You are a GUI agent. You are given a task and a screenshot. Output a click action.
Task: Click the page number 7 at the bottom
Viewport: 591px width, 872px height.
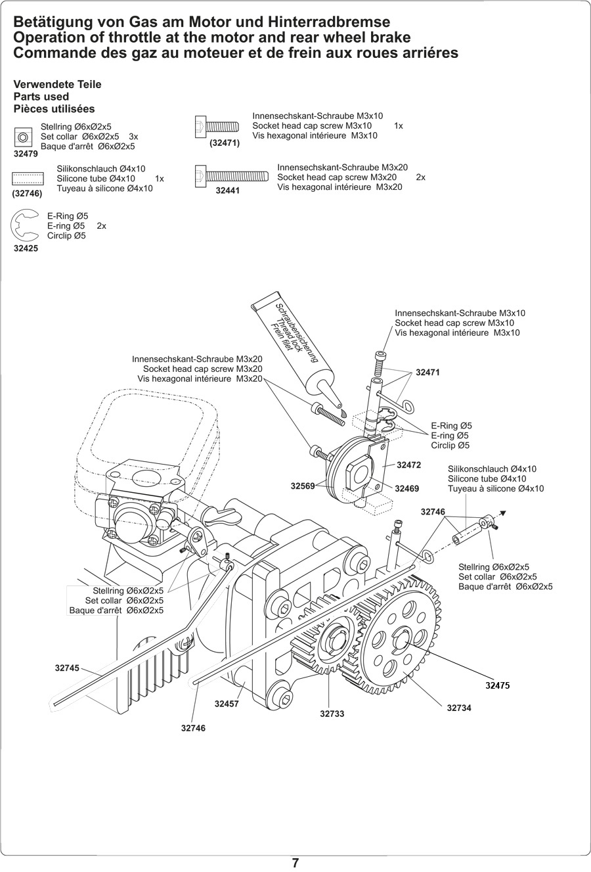click(295, 863)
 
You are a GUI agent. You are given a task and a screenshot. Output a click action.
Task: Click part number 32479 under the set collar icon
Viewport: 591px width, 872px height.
click(26, 154)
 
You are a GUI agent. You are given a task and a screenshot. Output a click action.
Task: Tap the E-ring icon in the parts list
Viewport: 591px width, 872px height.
click(24, 225)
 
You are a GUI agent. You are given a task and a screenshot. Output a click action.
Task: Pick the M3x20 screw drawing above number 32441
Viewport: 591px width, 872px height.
click(232, 176)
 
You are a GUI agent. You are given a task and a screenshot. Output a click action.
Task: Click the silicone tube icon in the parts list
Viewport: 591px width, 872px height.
click(28, 179)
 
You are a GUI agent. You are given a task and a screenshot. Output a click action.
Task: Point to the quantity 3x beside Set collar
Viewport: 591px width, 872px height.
click(133, 137)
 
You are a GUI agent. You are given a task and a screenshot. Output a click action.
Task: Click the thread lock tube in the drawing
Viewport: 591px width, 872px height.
click(297, 355)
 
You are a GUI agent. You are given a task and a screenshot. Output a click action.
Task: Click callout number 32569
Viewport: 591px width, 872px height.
click(303, 486)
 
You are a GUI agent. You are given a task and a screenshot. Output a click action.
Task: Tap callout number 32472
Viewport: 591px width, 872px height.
click(409, 465)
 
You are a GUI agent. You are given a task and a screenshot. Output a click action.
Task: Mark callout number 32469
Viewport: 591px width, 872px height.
click(407, 488)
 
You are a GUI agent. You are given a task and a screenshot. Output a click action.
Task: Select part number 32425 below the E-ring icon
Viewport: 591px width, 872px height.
click(26, 248)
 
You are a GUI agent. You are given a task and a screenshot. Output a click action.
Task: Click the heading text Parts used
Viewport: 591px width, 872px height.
click(41, 97)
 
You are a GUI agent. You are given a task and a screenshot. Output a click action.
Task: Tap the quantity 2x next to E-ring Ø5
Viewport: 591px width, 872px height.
click(101, 226)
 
